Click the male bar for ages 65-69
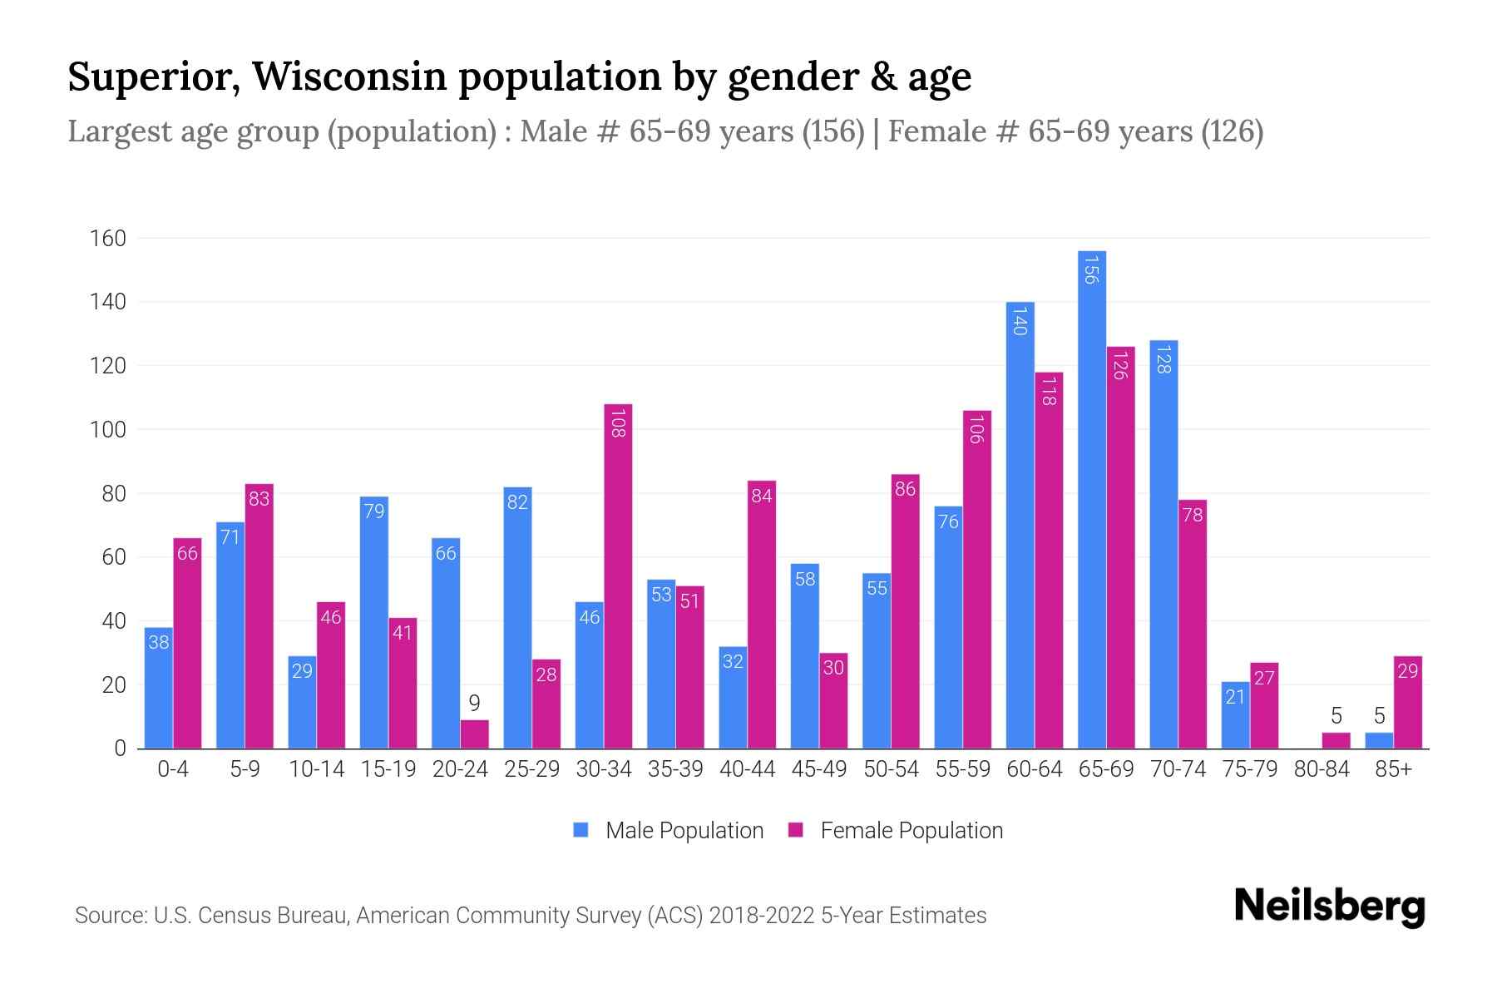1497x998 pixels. coord(1091,499)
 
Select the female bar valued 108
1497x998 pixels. coord(618,576)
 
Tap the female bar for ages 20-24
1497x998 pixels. coord(474,734)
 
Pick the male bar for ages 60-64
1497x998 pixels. coord(1020,525)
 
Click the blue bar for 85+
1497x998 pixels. coord(1379,740)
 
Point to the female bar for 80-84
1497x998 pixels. coord(1336,740)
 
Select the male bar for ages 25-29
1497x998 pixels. coord(517,618)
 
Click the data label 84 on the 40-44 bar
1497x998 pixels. coord(761,496)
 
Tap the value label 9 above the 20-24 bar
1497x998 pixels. coord(474,704)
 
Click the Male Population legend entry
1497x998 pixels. coord(669,830)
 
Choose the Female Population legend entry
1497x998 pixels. coord(896,830)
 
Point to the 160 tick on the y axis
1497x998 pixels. coord(108,239)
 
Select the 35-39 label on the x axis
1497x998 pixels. coord(675,769)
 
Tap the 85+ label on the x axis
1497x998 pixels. coord(1393,769)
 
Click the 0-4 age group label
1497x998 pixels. coord(173,769)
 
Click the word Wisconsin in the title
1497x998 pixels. coord(349,77)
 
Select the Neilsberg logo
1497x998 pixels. coord(1329,907)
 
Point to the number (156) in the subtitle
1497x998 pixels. coord(833,131)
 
